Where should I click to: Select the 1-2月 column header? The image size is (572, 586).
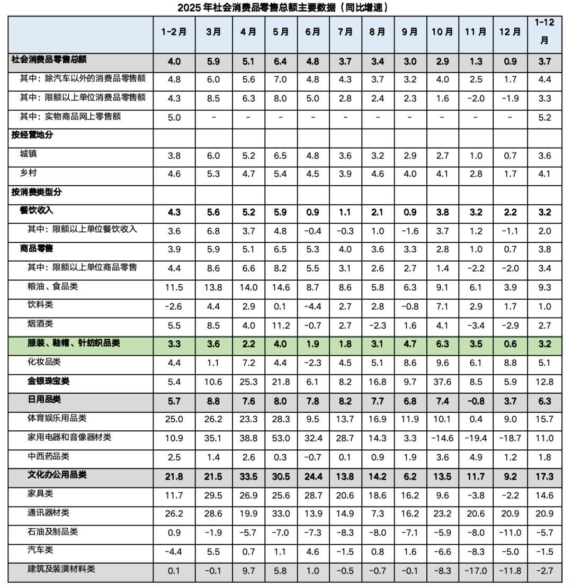174,32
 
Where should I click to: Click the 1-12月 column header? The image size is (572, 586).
544,32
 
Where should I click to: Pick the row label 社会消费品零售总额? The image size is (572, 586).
44,61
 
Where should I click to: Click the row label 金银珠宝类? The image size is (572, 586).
50,381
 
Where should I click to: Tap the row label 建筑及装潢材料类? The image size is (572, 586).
61,570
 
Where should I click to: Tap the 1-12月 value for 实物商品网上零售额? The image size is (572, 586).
544,116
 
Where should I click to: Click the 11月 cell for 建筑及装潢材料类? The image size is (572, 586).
476,570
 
